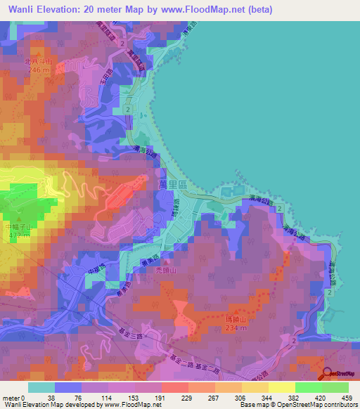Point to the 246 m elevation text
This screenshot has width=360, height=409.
pyautogui.click(x=39, y=70)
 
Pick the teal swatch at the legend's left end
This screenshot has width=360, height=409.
pyautogui.click(x=41, y=387)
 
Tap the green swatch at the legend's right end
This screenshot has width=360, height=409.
pyautogui.click(x=335, y=387)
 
